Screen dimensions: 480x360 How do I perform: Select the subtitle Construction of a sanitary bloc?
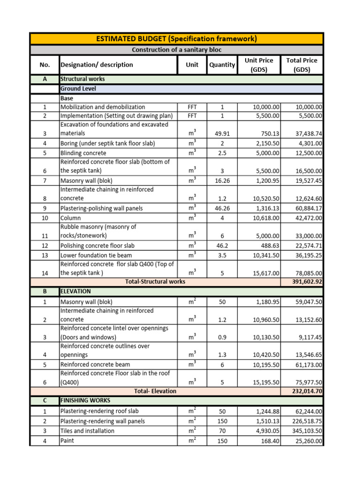(176, 50)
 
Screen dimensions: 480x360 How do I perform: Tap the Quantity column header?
(222, 65)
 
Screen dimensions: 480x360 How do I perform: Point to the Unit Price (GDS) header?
(259, 65)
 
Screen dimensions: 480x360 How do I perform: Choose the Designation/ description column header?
(97, 65)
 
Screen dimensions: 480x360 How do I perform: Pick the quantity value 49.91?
(222, 134)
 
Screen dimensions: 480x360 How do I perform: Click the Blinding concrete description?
(83, 153)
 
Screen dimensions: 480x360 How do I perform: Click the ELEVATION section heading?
(76, 291)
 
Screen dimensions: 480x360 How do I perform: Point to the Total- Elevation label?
(155, 391)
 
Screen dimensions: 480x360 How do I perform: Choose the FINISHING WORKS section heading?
(85, 400)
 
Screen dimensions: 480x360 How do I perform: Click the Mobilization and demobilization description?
(103, 107)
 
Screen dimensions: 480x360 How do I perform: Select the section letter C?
(45, 400)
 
